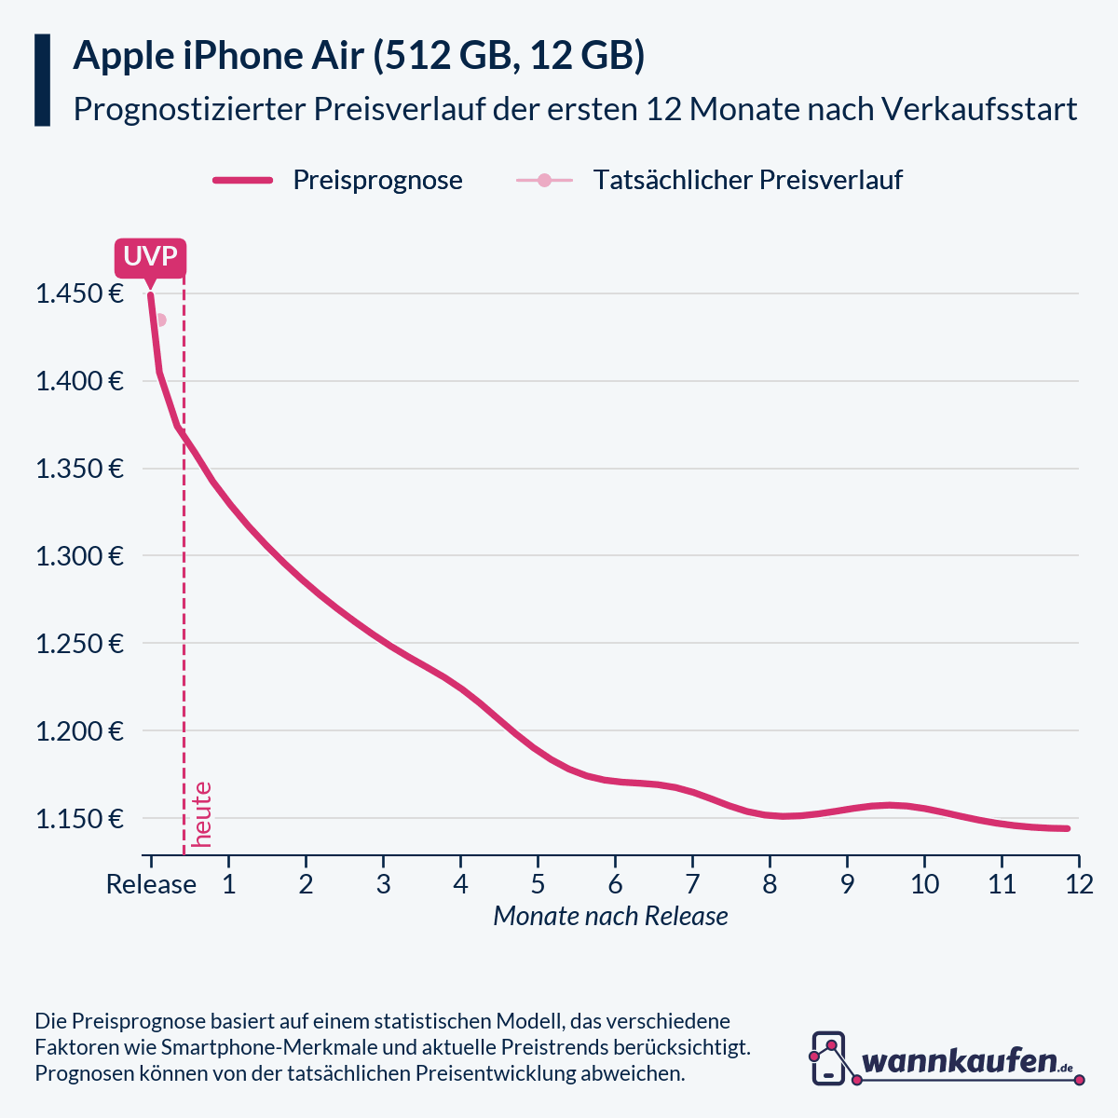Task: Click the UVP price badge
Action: [x=150, y=257]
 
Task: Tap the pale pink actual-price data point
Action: [x=160, y=320]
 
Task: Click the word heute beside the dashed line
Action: [x=202, y=814]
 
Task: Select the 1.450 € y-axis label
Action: [x=79, y=294]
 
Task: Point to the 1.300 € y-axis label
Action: [x=79, y=556]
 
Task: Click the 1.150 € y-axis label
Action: [x=79, y=819]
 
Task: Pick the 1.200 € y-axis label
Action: [x=79, y=731]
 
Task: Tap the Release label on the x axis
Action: [x=151, y=884]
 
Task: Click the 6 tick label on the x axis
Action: [x=615, y=884]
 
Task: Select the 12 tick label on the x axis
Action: [x=1079, y=884]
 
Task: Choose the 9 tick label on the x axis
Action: [x=847, y=884]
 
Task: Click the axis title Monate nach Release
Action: [x=610, y=917]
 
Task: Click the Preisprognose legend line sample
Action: [x=242, y=180]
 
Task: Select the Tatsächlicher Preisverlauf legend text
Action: [x=747, y=180]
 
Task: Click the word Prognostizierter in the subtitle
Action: [x=188, y=109]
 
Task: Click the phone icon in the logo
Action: [x=828, y=1058]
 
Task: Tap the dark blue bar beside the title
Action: [x=42, y=80]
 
